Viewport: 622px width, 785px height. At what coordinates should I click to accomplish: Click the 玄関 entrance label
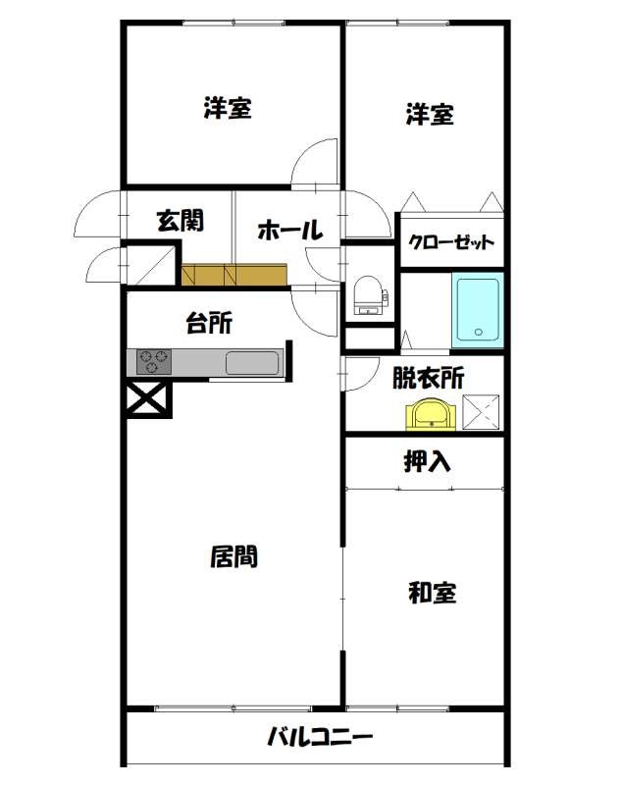(181, 220)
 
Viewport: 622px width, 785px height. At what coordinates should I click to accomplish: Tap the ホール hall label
(289, 232)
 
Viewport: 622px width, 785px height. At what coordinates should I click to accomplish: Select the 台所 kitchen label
(209, 323)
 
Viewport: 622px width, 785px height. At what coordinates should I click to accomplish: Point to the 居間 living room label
(234, 556)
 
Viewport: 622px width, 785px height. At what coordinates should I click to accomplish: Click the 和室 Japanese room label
(433, 593)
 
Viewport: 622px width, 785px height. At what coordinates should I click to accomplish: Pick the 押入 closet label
(428, 461)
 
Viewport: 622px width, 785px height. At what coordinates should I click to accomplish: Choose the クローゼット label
(450, 243)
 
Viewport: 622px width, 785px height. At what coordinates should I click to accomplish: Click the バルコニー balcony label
(320, 736)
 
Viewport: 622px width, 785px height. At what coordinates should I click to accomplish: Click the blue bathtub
(476, 310)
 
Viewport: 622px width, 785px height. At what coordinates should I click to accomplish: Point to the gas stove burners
(153, 361)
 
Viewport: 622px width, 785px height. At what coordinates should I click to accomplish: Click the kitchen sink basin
(252, 362)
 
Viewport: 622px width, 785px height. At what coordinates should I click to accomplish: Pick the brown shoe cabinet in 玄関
(234, 274)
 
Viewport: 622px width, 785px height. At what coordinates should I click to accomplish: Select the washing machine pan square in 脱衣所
(481, 412)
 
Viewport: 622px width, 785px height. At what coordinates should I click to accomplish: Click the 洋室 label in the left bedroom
(228, 109)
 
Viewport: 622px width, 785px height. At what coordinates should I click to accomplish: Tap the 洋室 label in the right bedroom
(430, 115)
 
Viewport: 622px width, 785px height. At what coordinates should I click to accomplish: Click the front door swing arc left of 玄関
(100, 212)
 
